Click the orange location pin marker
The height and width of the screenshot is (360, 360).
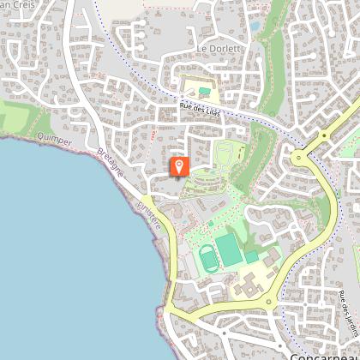[179, 165]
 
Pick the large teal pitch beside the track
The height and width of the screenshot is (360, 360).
[229, 249]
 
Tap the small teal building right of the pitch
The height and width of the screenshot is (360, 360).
[251, 256]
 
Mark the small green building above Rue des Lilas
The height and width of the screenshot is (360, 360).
[204, 90]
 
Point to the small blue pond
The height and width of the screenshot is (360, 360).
[255, 27]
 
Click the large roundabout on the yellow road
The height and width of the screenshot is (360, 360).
[300, 158]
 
